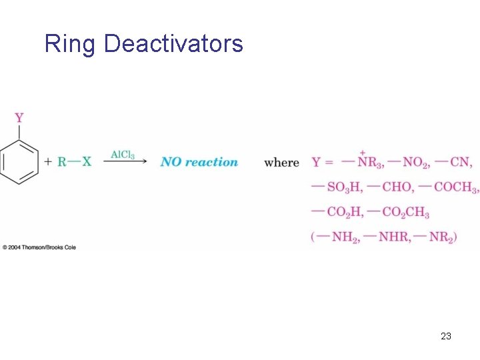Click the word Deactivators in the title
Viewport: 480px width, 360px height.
(173, 45)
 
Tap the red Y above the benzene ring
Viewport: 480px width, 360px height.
(19, 118)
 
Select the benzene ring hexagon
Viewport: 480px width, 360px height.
(19, 162)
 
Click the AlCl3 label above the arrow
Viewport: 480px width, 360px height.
(123, 155)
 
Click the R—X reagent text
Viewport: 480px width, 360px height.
(74, 162)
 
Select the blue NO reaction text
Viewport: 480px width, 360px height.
(199, 162)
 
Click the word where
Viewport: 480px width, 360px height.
(281, 163)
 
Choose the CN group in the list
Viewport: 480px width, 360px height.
(460, 162)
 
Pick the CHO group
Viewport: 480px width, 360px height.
(400, 187)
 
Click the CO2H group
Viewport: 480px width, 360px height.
(344, 212)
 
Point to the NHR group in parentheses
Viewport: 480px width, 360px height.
(393, 237)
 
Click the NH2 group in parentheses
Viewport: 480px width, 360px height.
(343, 237)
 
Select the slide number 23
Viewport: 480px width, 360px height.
(446, 336)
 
